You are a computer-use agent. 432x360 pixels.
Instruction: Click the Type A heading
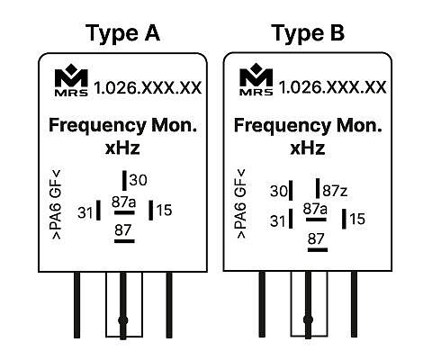coord(122,33)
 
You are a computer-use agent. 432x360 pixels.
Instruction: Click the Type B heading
coord(308,33)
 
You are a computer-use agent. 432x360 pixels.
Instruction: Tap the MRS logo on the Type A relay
coord(71,80)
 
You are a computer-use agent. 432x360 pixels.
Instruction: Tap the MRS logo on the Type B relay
coord(256,79)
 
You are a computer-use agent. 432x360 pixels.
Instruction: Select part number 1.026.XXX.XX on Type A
coord(148,88)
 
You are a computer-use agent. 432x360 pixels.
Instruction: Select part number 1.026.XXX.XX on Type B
coord(333,87)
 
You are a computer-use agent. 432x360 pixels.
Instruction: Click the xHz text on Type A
coord(122,148)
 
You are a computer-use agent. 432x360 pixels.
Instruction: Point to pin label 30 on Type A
coord(139,180)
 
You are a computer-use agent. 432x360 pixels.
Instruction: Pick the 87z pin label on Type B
coord(335,191)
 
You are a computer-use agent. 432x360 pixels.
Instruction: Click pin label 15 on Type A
coord(164,210)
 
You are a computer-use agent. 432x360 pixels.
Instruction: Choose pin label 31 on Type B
coord(278,221)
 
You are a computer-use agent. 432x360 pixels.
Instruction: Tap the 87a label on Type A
coord(123,202)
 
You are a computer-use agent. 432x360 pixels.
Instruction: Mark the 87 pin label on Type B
coord(316,239)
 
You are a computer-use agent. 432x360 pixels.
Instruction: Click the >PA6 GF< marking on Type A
coord(57,204)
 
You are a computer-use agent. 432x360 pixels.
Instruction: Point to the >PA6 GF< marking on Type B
coord(241,204)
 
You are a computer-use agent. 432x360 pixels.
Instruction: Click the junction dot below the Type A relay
coord(123,320)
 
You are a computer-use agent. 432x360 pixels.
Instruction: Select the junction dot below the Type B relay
coord(308,319)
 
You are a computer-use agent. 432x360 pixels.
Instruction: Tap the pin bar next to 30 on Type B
coord(291,191)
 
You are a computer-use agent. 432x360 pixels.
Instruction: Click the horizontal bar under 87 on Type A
coord(124,241)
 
